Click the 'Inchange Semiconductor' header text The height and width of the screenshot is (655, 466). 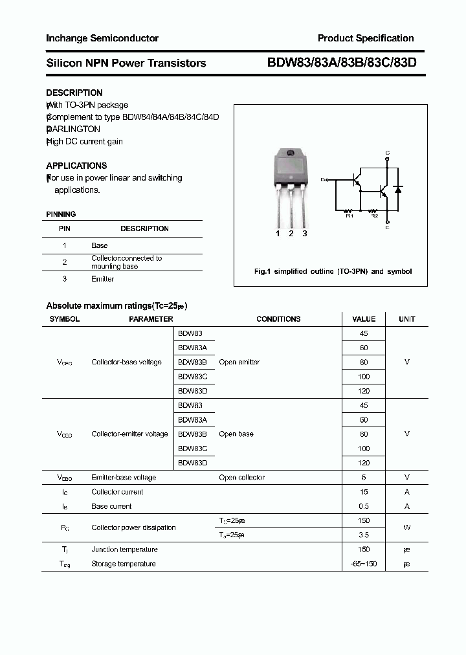(102, 38)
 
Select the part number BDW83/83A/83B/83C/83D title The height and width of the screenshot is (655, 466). (342, 63)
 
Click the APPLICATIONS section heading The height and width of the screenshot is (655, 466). (76, 166)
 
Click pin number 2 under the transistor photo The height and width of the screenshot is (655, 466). (291, 234)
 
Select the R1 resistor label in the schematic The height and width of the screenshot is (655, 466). (349, 216)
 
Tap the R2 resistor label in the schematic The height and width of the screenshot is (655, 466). (373, 216)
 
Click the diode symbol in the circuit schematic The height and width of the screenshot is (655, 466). (399, 189)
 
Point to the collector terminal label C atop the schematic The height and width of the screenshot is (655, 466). (387, 153)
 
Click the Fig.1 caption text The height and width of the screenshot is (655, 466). (333, 272)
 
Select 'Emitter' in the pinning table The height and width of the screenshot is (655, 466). (102, 279)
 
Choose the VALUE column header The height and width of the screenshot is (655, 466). (363, 319)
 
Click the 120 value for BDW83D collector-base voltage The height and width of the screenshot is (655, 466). (363, 391)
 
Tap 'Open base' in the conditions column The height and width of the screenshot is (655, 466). (236, 434)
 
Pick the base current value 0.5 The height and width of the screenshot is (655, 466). (363, 506)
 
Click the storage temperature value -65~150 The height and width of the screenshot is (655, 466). (363, 564)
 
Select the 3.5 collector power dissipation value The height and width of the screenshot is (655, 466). (363, 535)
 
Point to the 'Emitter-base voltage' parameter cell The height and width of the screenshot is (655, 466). (124, 478)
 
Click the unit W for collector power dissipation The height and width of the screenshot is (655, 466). (406, 527)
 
